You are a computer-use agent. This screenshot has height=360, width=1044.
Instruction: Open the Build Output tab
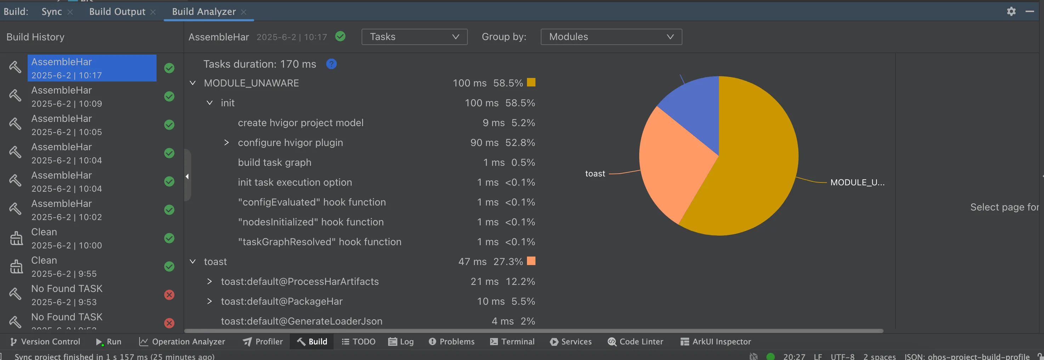(117, 12)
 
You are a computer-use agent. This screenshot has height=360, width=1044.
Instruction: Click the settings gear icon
(1011, 11)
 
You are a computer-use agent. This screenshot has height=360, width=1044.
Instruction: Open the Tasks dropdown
(414, 37)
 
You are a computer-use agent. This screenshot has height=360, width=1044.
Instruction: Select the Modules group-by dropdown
(611, 37)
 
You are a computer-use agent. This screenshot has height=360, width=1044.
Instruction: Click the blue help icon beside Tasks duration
(331, 64)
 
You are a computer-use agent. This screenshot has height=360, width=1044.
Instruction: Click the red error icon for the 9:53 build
(169, 295)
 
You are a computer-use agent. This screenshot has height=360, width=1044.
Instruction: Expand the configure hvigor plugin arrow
(227, 143)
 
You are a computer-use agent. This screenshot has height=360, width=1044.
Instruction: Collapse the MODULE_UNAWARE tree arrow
(193, 83)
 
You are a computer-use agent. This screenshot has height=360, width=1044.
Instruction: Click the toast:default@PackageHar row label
(282, 301)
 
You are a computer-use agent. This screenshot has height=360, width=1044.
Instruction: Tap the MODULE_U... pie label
(857, 182)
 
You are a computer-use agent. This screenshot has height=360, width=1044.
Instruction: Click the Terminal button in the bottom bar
(512, 342)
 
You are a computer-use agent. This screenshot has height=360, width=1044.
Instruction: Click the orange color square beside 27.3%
(531, 261)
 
